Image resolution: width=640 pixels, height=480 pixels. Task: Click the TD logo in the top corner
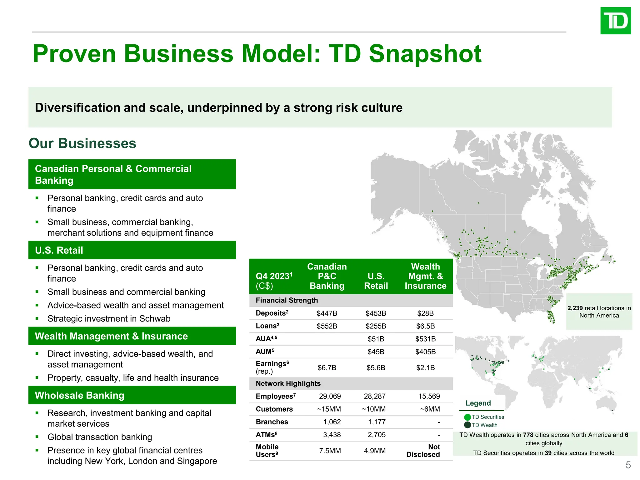615,21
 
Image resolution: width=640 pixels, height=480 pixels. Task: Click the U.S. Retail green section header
132,250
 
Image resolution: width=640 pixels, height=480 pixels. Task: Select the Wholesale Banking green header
132,395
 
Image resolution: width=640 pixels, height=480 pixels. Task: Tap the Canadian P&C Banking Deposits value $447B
327,313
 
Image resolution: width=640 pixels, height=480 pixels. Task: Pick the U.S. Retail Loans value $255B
376,326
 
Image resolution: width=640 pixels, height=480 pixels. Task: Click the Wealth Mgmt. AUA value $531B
425,339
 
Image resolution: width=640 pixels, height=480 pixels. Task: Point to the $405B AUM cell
425,352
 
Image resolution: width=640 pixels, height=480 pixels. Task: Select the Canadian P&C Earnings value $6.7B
327,367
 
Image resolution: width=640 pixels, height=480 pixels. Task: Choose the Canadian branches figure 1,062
332,422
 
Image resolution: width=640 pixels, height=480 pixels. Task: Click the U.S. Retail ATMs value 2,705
377,435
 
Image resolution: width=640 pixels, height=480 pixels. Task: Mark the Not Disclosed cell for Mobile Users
423,451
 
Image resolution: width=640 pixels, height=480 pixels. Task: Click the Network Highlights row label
288,383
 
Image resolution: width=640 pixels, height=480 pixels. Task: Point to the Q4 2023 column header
274,276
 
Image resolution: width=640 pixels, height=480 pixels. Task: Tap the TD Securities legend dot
467,417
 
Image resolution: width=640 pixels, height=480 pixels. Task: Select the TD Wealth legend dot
467,425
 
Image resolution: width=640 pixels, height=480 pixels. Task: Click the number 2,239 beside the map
575,308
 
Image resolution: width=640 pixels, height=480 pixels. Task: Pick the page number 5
628,465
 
